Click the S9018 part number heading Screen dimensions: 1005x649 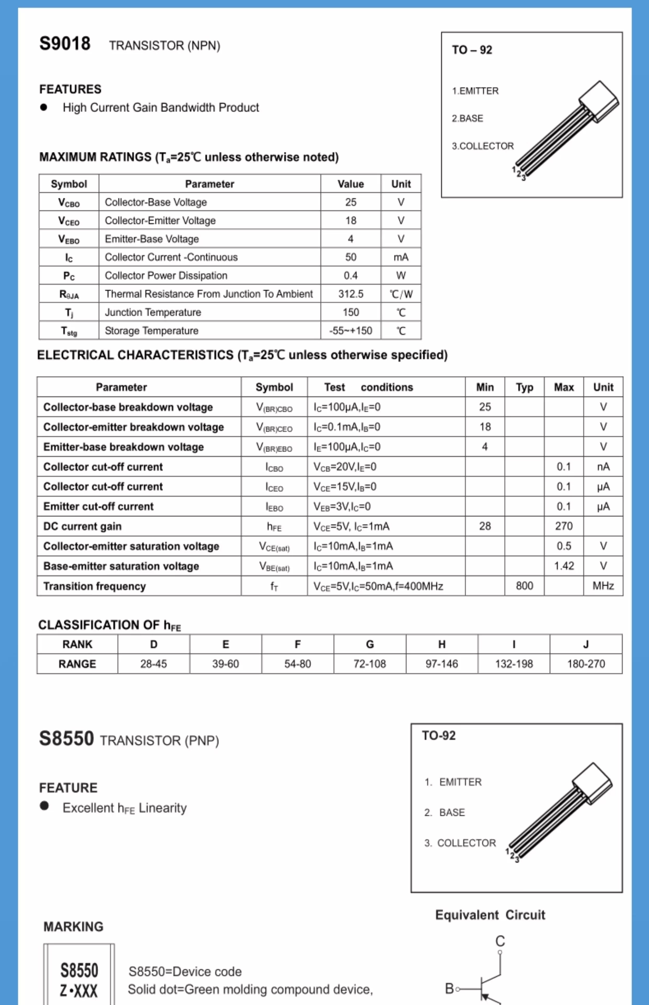click(65, 44)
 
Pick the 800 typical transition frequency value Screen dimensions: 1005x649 click(524, 586)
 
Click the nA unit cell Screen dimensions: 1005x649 click(603, 466)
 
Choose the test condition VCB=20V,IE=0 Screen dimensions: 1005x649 click(345, 466)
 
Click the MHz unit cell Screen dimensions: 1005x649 click(603, 586)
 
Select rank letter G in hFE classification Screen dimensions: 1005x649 click(370, 644)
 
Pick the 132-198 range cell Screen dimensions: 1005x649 click(514, 664)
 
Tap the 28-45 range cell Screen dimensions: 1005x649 click(153, 664)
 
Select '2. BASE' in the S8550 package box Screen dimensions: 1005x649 click(445, 812)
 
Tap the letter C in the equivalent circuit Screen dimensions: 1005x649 click(500, 941)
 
